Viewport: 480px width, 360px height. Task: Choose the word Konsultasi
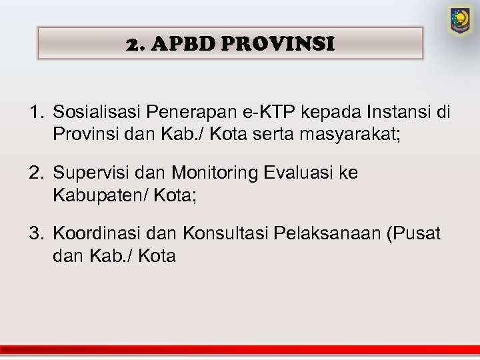tap(219, 234)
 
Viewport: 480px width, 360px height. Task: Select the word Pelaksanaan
tap(325, 234)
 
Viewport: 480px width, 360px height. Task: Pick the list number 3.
tap(35, 234)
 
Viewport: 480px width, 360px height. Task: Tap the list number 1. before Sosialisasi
tap(35, 113)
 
